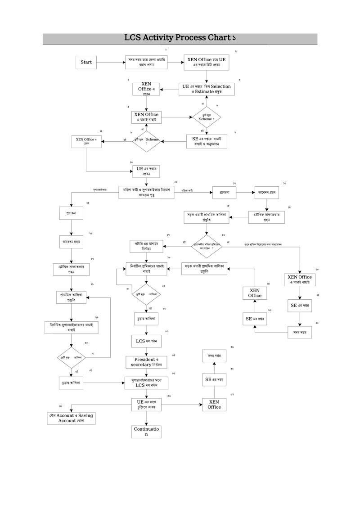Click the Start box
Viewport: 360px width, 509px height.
tap(86, 62)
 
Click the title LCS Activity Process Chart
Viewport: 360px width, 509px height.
tap(180, 38)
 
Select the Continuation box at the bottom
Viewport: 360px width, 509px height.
tap(146, 432)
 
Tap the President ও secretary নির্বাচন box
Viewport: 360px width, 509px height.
tap(146, 362)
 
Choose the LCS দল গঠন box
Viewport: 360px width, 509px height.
tap(146, 341)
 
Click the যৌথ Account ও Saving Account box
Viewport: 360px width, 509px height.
tap(72, 418)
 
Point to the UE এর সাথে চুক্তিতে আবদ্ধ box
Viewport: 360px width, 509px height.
tap(146, 404)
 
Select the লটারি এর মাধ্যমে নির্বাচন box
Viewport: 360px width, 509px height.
tap(146, 246)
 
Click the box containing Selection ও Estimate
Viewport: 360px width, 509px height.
tap(207, 89)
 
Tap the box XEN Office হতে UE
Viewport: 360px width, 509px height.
tap(207, 62)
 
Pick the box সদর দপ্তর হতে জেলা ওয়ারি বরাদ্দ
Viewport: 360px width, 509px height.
tap(146, 62)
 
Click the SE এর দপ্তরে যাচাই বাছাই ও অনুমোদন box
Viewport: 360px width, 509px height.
tap(207, 142)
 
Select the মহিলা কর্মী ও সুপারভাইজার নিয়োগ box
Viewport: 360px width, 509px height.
tap(146, 193)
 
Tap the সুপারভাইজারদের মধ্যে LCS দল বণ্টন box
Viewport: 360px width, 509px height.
tap(146, 383)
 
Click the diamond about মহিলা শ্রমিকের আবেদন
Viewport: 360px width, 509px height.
tap(207, 246)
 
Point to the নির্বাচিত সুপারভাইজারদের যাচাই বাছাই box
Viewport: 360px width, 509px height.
tap(72, 327)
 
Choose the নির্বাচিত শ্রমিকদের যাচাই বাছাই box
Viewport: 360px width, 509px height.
tap(146, 269)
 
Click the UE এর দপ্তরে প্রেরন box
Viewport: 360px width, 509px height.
tap(146, 171)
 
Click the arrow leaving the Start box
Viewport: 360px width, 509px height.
tap(110, 62)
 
